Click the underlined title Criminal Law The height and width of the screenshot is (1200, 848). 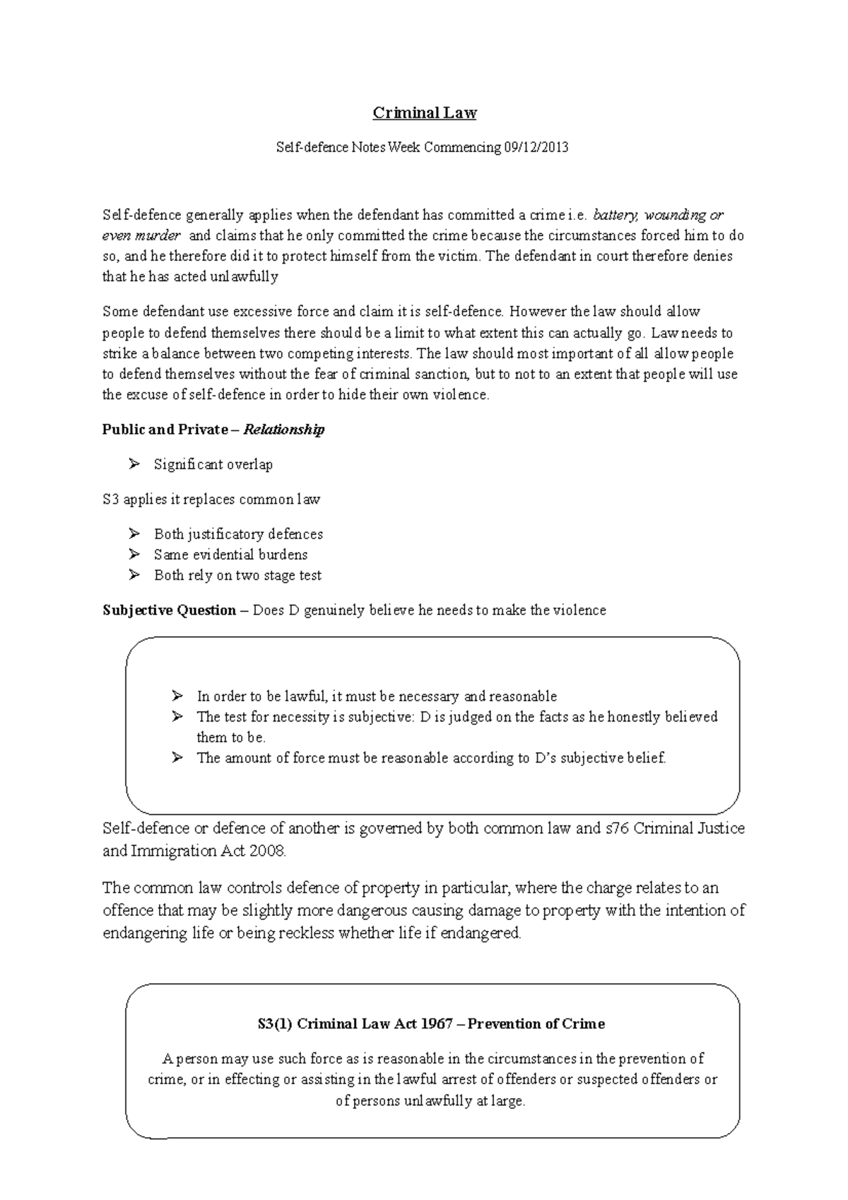click(x=425, y=113)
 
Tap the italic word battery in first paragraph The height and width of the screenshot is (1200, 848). click(x=616, y=215)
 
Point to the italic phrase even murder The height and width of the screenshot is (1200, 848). click(x=141, y=235)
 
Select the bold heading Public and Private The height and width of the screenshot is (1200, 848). click(x=165, y=430)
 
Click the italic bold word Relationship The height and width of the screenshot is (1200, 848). click(x=283, y=430)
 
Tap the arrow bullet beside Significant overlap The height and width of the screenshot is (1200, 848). click(x=134, y=464)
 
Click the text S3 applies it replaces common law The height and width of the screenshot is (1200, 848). click(x=211, y=500)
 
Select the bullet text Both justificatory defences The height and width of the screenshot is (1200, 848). click(x=238, y=534)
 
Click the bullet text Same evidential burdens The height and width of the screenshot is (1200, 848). click(x=230, y=555)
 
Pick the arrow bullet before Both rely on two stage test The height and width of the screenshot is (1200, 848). click(x=134, y=575)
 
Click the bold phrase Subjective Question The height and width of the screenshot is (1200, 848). click(x=169, y=610)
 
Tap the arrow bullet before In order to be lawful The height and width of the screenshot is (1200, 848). click(x=177, y=696)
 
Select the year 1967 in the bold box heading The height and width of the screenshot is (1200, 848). click(x=436, y=1024)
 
